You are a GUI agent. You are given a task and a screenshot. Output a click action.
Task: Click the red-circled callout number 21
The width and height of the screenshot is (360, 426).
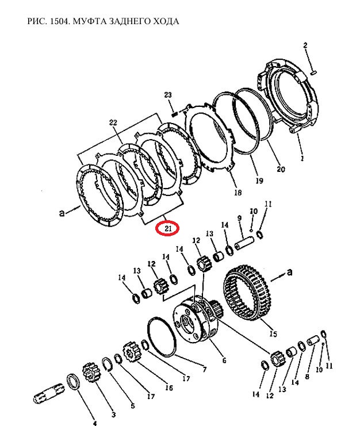click(x=168, y=228)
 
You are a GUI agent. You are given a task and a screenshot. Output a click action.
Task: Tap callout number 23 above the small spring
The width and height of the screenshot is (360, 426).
click(x=168, y=95)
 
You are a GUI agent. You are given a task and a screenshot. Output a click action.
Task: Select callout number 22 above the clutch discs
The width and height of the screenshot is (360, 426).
click(x=113, y=122)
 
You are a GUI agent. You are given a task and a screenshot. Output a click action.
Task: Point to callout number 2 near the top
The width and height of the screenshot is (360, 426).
click(x=305, y=45)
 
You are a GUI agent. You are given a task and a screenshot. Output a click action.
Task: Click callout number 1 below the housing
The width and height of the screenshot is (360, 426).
click(x=302, y=158)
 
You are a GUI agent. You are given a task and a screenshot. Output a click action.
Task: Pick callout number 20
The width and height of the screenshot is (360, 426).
click(x=281, y=169)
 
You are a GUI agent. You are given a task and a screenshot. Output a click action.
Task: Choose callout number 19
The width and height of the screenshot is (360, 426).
click(x=259, y=181)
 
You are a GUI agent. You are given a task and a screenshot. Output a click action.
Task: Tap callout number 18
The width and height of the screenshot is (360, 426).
click(x=238, y=193)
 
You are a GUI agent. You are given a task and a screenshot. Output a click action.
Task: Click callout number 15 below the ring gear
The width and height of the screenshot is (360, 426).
click(x=273, y=333)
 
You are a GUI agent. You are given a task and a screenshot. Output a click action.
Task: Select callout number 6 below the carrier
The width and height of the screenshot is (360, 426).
click(x=224, y=360)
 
